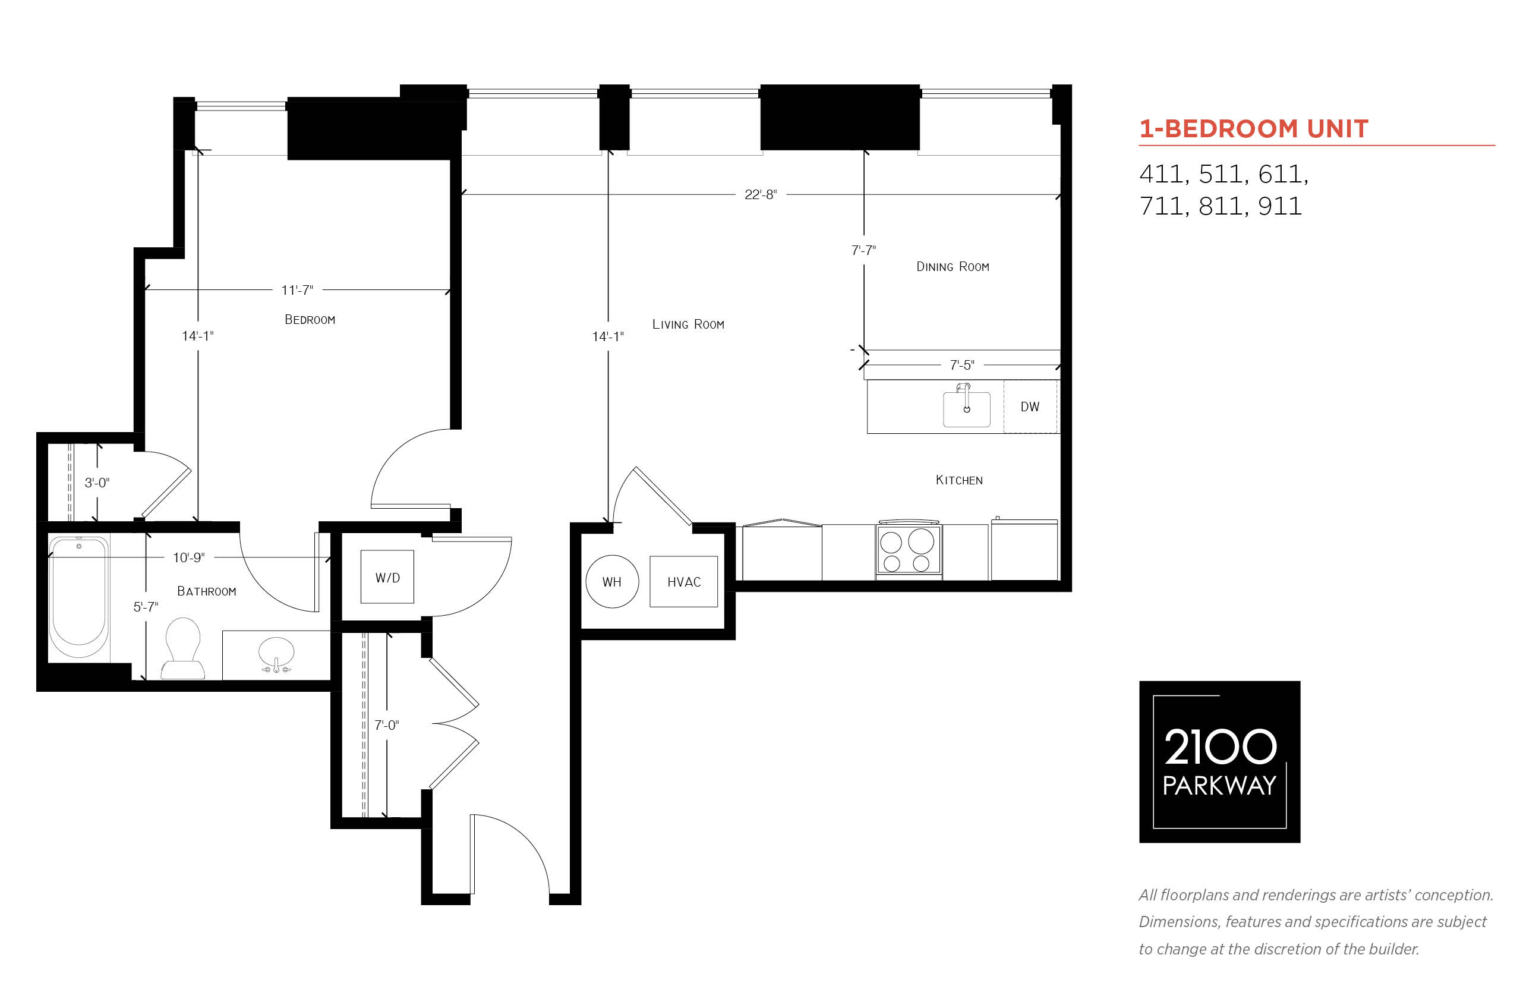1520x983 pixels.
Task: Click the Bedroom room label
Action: coord(310,320)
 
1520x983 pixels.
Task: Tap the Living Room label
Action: coord(688,324)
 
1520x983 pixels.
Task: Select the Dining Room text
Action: coord(952,267)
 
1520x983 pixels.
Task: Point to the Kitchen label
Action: coord(958,480)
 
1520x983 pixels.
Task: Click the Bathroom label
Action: coord(206,592)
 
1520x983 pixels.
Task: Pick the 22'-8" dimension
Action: coord(760,195)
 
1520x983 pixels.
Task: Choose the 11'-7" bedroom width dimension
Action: coord(297,291)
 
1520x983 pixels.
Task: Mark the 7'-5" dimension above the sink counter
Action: coord(961,365)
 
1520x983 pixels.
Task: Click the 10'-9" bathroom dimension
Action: coord(188,558)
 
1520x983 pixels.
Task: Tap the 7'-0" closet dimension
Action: coord(386,725)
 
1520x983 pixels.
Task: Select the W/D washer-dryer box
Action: coord(387,576)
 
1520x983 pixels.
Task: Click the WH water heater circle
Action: coord(612,581)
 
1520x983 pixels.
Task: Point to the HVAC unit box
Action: coord(683,581)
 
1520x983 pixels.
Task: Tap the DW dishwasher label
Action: coord(1029,407)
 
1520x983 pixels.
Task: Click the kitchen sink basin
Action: coord(966,409)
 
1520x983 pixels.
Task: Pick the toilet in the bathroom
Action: coord(182,648)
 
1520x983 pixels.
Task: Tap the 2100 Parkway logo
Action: coord(1219,761)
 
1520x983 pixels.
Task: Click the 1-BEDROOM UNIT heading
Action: coord(1253,129)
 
